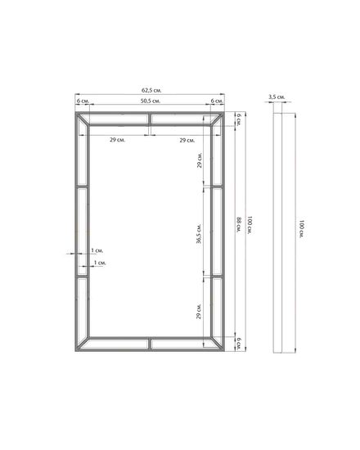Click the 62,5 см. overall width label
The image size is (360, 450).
click(151, 90)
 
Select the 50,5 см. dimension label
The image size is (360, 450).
click(151, 101)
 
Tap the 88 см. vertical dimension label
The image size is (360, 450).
click(239, 224)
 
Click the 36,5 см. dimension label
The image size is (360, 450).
click(199, 234)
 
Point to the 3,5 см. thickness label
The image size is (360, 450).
click(277, 97)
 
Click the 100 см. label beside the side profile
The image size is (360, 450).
click(301, 229)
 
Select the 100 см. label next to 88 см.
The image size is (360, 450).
click(250, 225)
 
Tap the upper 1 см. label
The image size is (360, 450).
click(97, 250)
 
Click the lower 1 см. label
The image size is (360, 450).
click(100, 263)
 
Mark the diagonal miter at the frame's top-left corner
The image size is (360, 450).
click(83, 119)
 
